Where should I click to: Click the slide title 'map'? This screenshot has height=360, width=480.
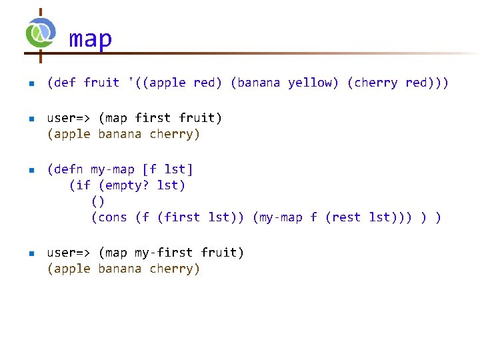pos(91,39)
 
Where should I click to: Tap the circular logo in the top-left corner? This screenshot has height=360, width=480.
pos(41,33)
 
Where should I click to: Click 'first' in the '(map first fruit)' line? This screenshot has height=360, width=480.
pos(153,118)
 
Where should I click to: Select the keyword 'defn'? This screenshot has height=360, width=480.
pos(67,169)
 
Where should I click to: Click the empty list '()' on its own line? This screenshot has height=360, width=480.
pos(98,201)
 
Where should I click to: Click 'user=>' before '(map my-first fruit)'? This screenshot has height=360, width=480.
pos(69,253)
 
